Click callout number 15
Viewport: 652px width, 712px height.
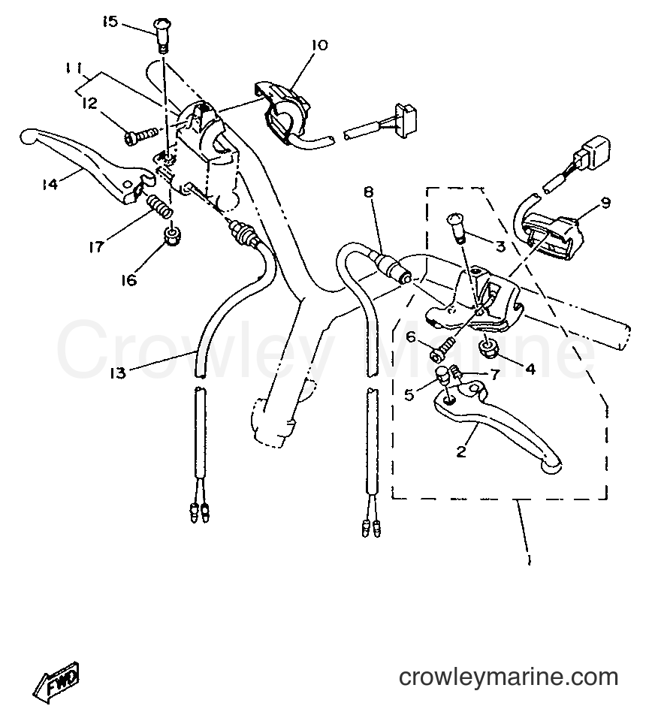point(110,21)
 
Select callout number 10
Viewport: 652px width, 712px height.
point(319,45)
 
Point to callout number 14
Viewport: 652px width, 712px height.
point(50,184)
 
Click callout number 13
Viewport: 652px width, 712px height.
point(118,374)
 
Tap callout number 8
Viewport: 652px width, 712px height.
point(368,192)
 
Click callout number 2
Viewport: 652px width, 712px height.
point(461,451)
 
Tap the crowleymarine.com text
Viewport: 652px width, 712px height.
point(509,677)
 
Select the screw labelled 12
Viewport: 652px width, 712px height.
point(140,134)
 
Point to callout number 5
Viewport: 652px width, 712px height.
point(409,395)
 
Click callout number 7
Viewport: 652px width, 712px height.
point(494,374)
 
